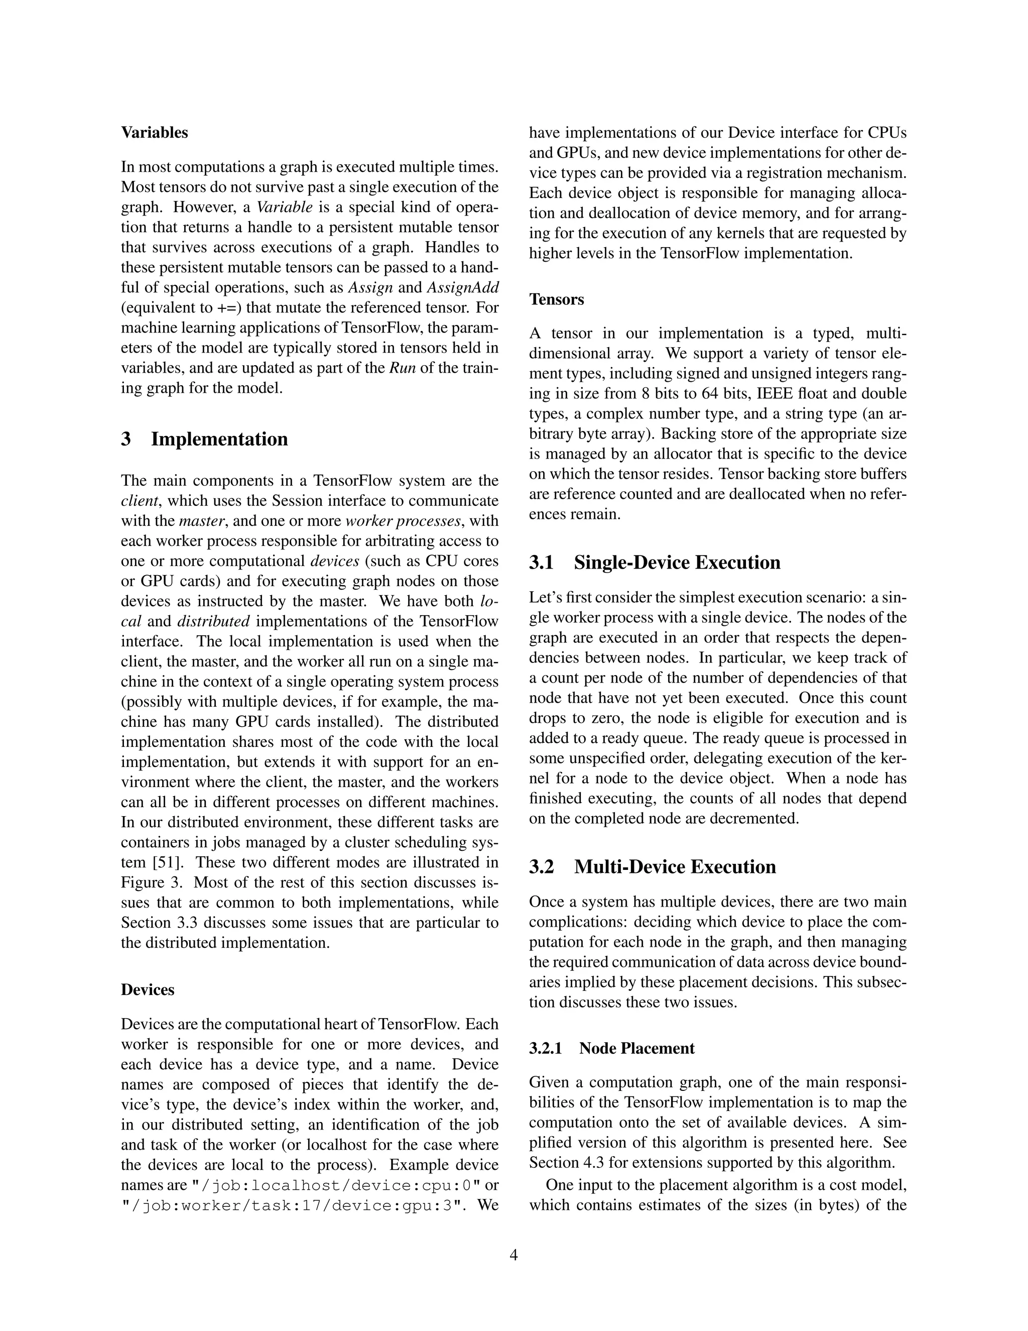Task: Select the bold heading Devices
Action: click(148, 990)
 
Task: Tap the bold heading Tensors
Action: click(556, 300)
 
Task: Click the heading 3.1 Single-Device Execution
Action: click(654, 563)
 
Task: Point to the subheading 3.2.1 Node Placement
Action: click(611, 1048)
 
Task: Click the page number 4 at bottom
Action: click(513, 1256)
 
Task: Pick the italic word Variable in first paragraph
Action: click(285, 207)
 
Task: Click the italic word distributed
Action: click(213, 622)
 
